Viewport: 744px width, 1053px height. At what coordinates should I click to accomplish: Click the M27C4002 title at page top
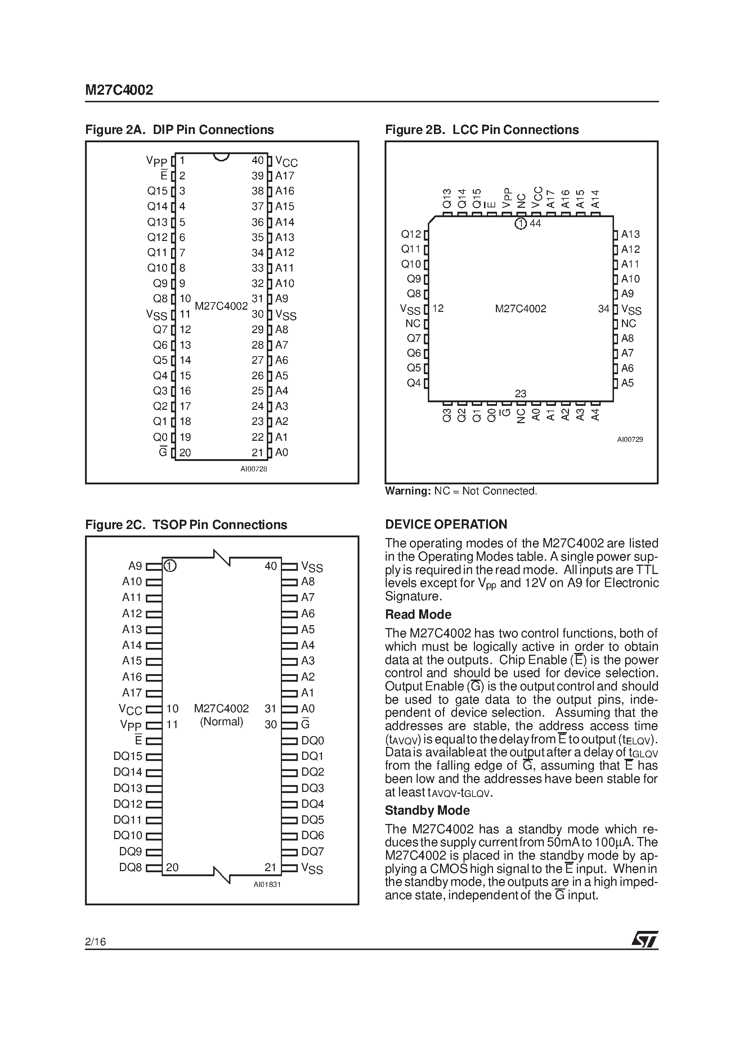pos(119,90)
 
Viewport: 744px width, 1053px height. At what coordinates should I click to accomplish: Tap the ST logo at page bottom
pos(645,939)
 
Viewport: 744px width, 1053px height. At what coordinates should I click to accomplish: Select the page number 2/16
pos(95,942)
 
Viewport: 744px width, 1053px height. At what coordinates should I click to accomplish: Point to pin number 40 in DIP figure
pos(258,160)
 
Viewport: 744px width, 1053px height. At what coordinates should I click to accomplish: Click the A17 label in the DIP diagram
pos(284,176)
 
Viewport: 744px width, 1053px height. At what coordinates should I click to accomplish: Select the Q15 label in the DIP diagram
pos(157,191)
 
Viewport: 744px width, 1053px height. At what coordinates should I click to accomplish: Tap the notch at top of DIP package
pos(221,157)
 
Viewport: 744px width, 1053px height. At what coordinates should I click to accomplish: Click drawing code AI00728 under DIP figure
pos(254,469)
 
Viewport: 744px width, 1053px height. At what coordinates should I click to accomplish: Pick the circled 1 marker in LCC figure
pos(520,224)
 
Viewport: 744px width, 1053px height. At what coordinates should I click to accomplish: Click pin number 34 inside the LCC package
pos(604,309)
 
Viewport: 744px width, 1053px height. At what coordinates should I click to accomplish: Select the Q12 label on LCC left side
pos(411,234)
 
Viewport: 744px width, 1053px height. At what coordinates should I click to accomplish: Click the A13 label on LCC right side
pos(630,234)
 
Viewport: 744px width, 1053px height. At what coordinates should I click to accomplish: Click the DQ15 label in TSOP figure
pos(127,756)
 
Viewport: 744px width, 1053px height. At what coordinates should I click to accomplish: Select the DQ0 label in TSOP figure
pos(312,740)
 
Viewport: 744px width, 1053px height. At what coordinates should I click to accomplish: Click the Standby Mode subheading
pos(427,810)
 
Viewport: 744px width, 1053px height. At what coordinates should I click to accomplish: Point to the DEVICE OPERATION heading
pos(446,524)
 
